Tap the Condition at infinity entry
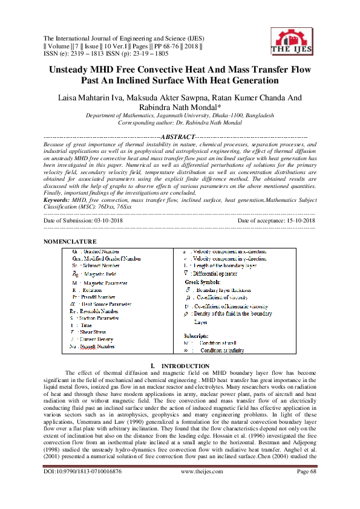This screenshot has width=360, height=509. (x=219, y=350)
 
